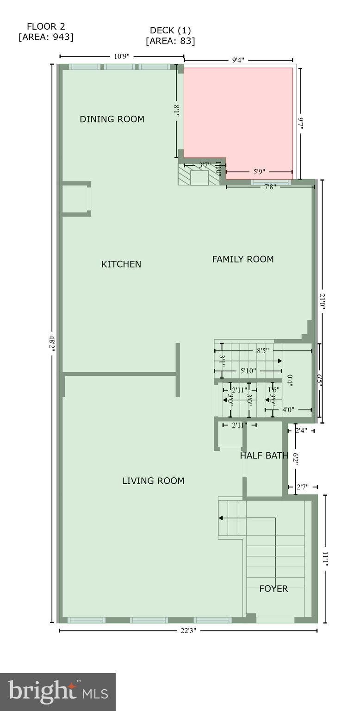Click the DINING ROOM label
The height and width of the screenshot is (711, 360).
(112, 119)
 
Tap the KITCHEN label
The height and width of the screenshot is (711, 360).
(121, 264)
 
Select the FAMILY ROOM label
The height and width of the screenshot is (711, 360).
(243, 259)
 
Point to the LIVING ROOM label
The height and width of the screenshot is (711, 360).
(153, 481)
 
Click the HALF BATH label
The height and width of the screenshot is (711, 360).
(264, 455)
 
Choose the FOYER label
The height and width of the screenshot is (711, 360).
(273, 589)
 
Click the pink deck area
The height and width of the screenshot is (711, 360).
(238, 116)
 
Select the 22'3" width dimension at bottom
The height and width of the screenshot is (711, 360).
(188, 630)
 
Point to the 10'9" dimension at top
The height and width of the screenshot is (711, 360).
(122, 56)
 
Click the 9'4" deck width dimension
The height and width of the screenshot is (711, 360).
(238, 60)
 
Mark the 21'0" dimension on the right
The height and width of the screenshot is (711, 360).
(323, 301)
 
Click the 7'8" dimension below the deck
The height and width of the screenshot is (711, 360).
(271, 187)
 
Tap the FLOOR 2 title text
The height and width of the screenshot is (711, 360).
(46, 26)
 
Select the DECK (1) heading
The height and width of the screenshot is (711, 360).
(170, 31)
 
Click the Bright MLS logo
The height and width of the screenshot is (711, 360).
(58, 692)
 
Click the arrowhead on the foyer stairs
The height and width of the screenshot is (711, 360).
(221, 518)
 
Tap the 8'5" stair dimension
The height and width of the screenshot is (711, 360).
(262, 351)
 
